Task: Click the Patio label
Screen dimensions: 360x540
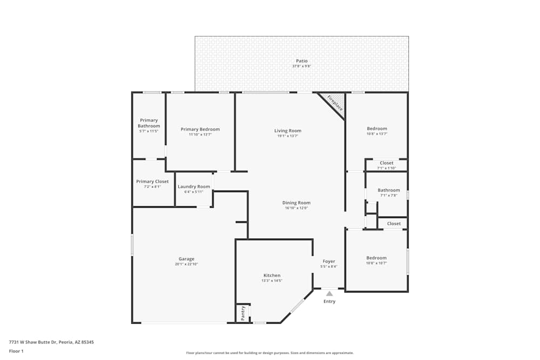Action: tap(301, 61)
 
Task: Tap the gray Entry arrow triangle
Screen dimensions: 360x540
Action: tap(329, 293)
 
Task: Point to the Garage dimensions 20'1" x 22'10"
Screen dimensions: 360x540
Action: tap(186, 264)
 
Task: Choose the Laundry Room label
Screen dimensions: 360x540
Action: tap(194, 187)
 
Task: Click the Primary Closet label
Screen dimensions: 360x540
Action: tap(152, 181)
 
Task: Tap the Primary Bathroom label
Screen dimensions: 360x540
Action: tap(148, 123)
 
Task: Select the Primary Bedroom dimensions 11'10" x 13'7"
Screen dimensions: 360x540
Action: tap(200, 135)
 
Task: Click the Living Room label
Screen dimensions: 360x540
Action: tap(288, 131)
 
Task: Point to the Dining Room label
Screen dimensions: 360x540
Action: tap(296, 203)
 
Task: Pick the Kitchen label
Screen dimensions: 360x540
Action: tap(272, 275)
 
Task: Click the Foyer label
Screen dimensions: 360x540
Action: tap(329, 261)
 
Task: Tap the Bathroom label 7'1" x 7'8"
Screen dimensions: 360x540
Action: tap(389, 190)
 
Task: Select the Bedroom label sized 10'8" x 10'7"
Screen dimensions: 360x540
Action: tap(376, 258)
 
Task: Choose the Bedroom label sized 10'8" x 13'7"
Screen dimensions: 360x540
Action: tap(377, 128)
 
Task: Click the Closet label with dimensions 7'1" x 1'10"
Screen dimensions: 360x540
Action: tap(387, 163)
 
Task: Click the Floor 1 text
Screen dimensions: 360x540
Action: tap(16, 351)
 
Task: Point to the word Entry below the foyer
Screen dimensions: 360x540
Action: tap(329, 301)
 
